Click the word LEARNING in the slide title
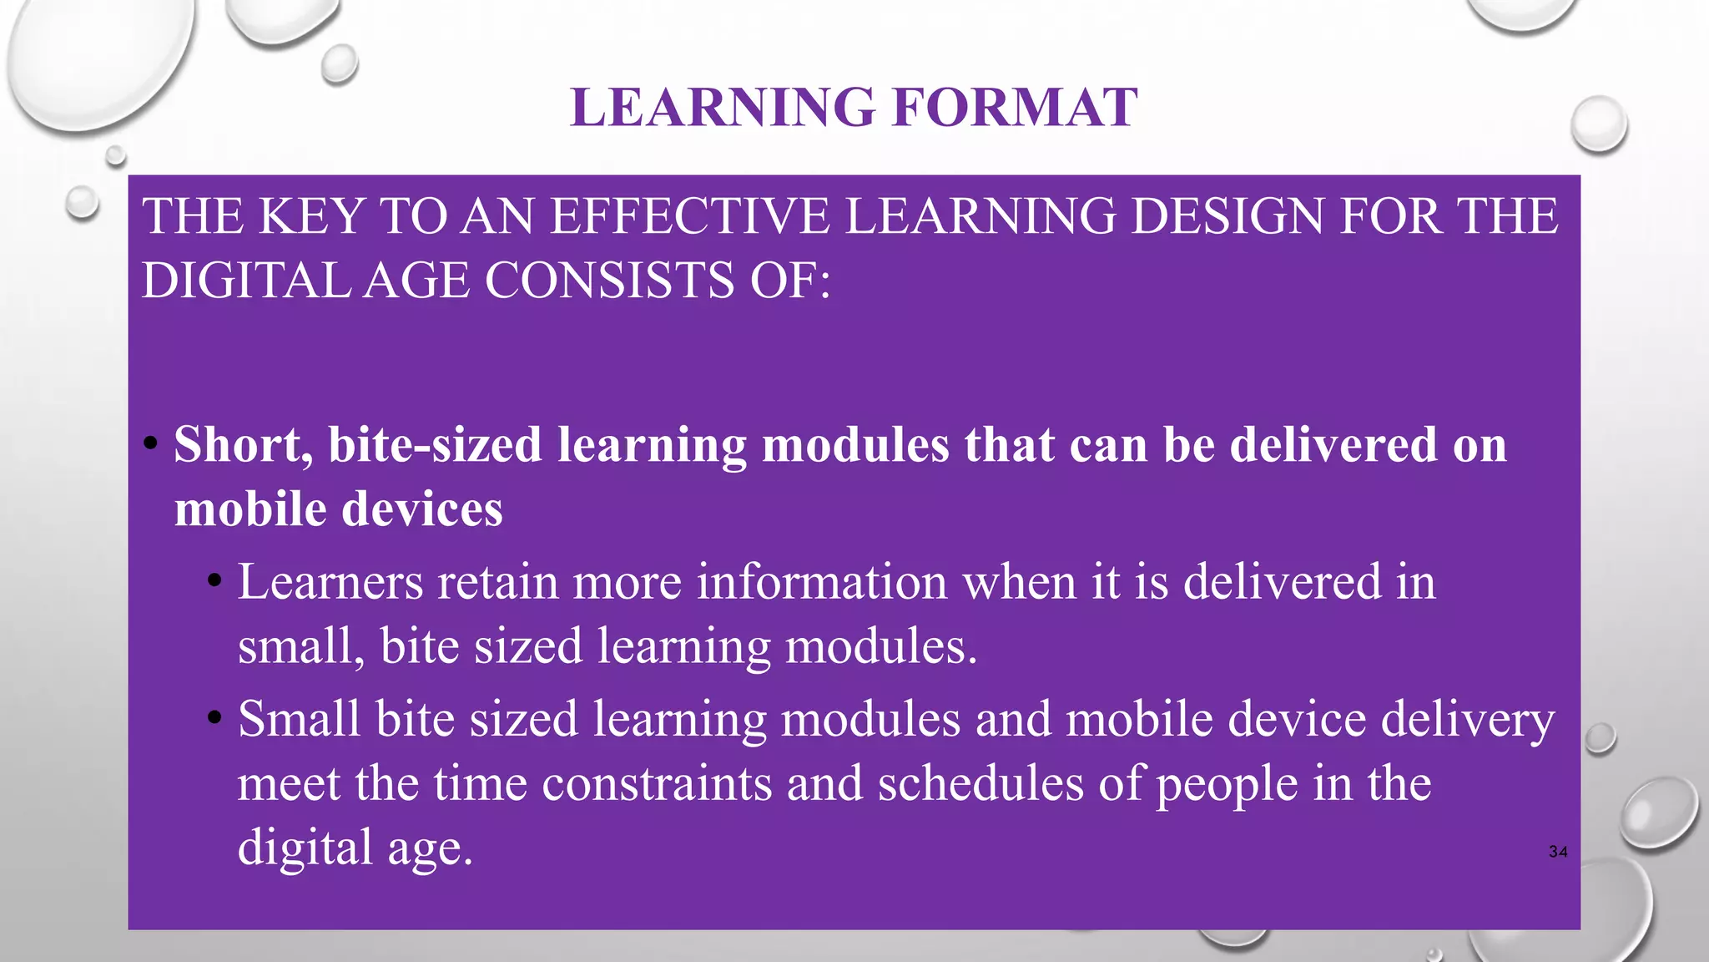click(x=723, y=108)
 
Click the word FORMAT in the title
click(x=1014, y=108)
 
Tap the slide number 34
click(x=1557, y=852)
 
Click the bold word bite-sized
click(x=435, y=444)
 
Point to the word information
click(x=822, y=581)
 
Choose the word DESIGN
click(x=1228, y=216)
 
